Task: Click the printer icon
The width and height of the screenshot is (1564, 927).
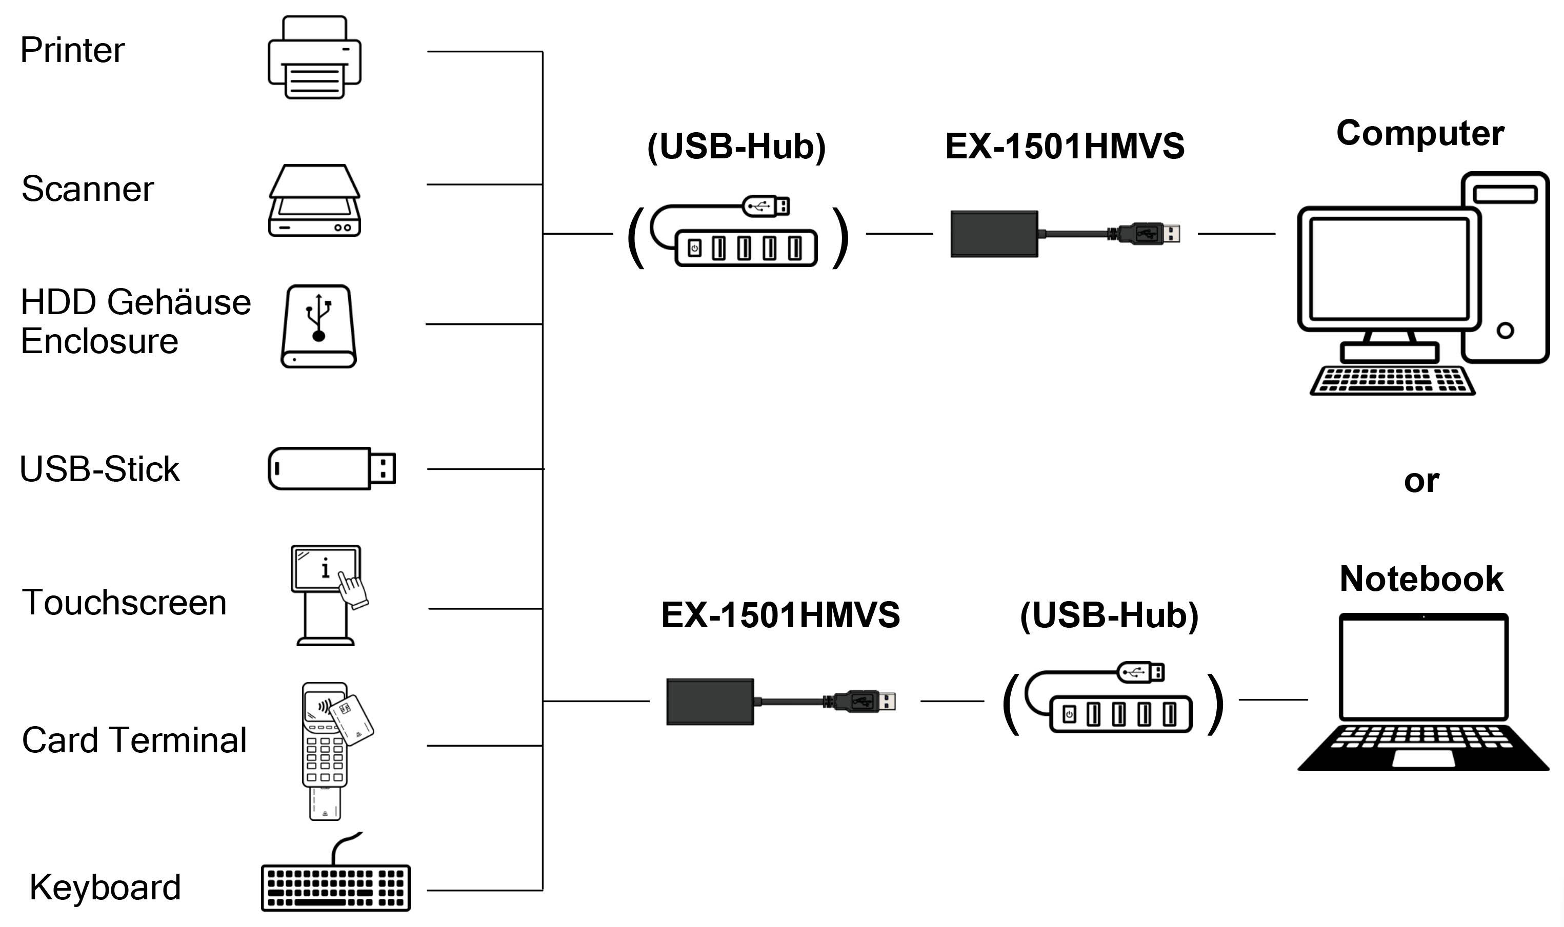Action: pos(314,57)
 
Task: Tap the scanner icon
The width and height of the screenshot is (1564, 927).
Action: pos(314,200)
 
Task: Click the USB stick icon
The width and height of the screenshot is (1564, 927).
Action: pos(331,468)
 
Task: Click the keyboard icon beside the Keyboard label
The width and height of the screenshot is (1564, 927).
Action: pos(336,887)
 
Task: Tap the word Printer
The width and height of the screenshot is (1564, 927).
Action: pos(72,50)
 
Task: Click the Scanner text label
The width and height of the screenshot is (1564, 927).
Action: pos(88,189)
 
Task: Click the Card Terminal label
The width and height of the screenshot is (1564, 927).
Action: pos(134,740)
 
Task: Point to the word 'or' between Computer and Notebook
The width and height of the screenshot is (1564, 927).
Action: pos(1421,481)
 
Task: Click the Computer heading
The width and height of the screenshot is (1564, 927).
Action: pos(1419,133)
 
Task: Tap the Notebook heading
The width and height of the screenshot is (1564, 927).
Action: pos(1421,579)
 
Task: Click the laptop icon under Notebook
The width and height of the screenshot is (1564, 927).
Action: pos(1423,693)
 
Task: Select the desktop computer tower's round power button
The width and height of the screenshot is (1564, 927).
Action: pos(1505,331)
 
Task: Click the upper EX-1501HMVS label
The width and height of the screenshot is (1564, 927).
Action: pos(1065,146)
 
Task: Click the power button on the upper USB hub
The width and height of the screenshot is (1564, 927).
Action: pos(694,249)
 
